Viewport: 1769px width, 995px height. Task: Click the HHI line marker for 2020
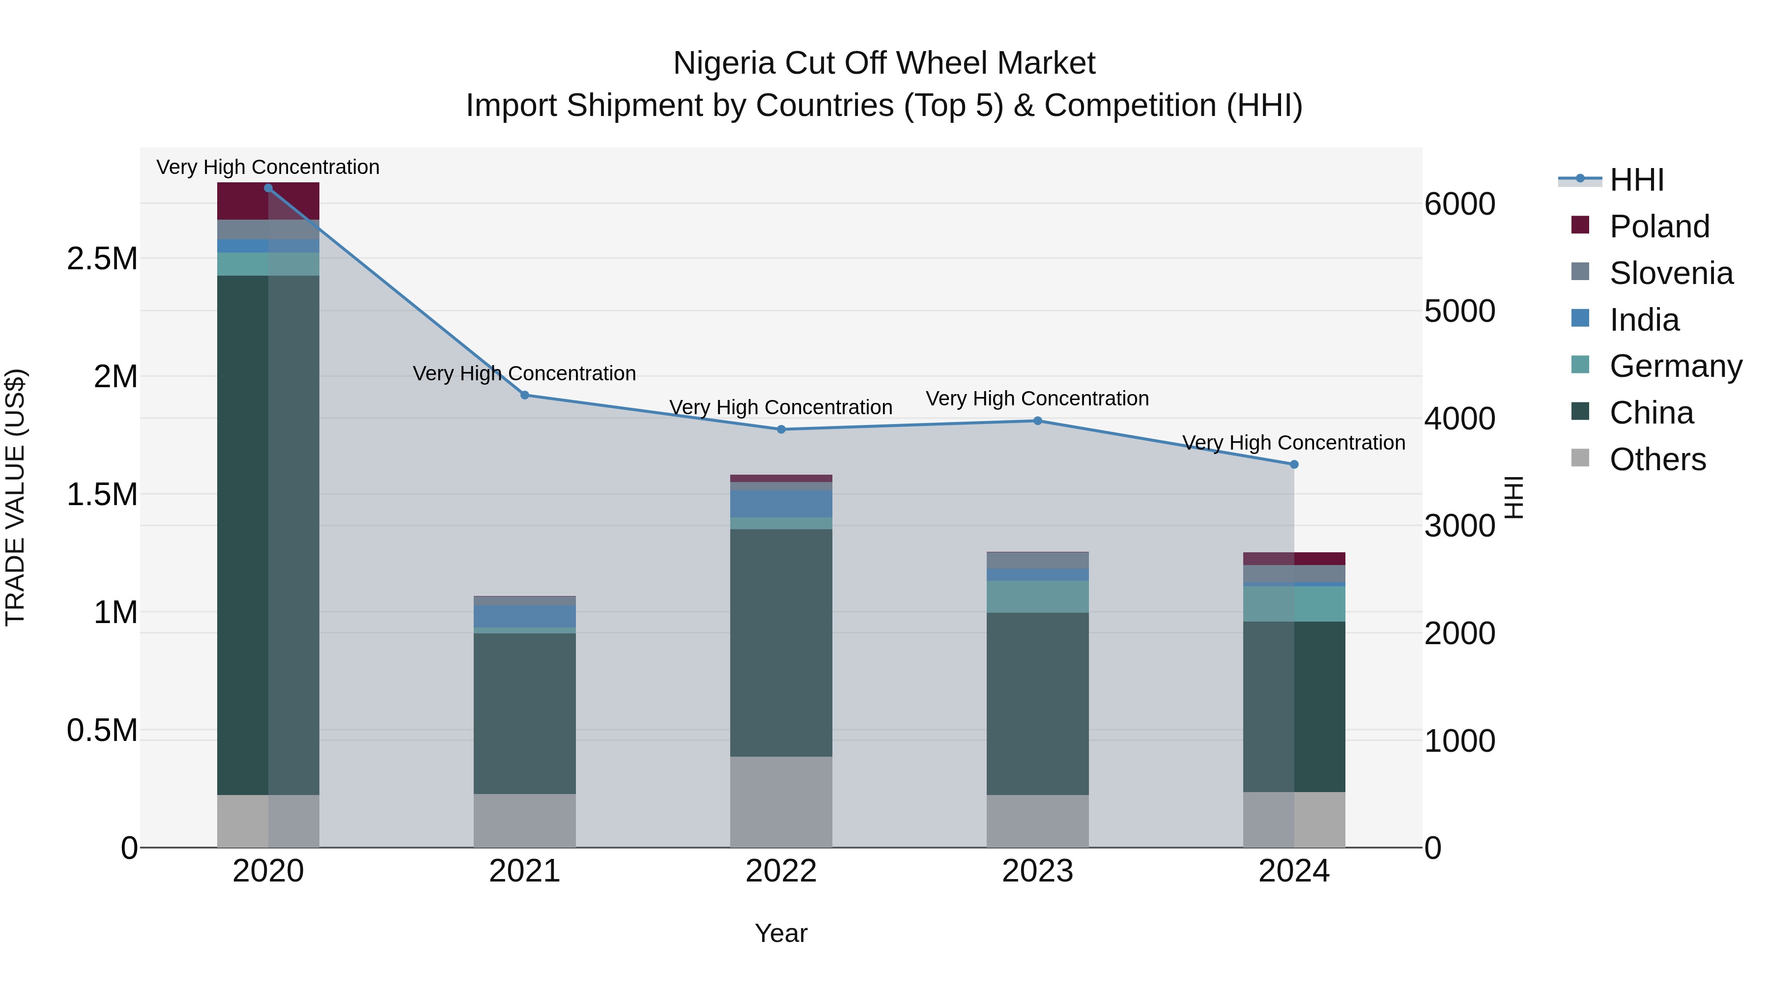pos(268,188)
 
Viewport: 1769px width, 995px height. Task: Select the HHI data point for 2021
pos(525,395)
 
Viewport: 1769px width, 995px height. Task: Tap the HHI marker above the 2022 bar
pos(781,429)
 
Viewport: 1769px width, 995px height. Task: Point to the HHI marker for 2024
pos(1294,464)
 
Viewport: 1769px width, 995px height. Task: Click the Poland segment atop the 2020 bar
pos(268,201)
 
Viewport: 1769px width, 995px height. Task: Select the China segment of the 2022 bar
pos(781,642)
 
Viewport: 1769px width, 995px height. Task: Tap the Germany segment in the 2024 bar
pos(1294,603)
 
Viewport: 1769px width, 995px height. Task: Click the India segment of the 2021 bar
pos(525,616)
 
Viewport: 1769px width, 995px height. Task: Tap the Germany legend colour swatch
pos(1580,365)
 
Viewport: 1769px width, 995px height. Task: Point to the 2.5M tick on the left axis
pos(102,259)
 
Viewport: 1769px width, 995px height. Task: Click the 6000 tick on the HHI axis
pos(1459,204)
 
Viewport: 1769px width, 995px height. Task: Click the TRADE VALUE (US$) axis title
pos(15,497)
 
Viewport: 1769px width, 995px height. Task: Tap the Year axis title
pos(781,933)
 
